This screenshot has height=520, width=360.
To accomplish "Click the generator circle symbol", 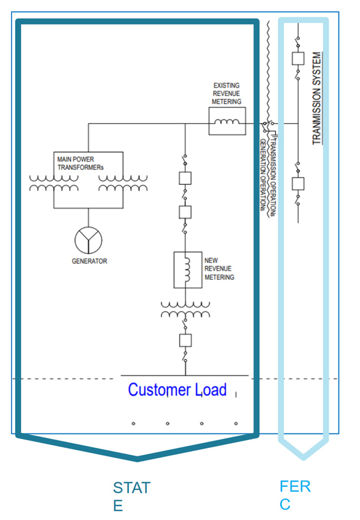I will (88, 241).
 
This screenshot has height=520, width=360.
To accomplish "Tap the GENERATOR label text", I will (89, 261).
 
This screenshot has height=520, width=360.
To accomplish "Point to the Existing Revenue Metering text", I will (227, 94).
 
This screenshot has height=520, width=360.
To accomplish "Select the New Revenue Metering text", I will (219, 269).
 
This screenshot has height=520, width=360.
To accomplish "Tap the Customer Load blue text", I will (178, 390).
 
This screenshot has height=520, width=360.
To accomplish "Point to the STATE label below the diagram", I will (131, 496).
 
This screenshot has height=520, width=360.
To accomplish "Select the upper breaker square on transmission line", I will (298, 58).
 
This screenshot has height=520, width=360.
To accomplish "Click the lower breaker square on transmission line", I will (298, 183).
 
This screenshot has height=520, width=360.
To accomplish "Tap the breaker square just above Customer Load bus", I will (185, 340).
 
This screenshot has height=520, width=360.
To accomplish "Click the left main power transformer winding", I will (53, 183).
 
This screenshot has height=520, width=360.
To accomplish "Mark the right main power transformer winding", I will (122, 183).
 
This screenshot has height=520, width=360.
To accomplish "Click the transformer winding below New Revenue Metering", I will (185, 309).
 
